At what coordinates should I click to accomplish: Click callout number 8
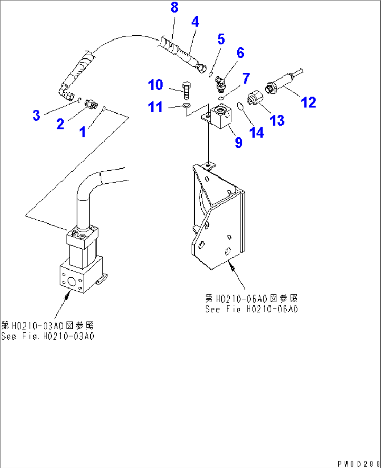tap(174, 7)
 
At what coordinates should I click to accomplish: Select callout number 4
tap(195, 22)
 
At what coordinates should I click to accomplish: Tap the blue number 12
tap(308, 102)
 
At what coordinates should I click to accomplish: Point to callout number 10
tap(155, 85)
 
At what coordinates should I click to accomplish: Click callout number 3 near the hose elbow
tap(36, 115)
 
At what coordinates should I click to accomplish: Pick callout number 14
tap(256, 133)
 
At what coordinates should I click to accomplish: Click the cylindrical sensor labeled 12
tap(281, 83)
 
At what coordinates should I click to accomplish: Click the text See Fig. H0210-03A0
tap(48, 336)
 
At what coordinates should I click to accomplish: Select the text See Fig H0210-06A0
tap(251, 309)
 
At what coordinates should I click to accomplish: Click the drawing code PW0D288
tap(359, 463)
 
